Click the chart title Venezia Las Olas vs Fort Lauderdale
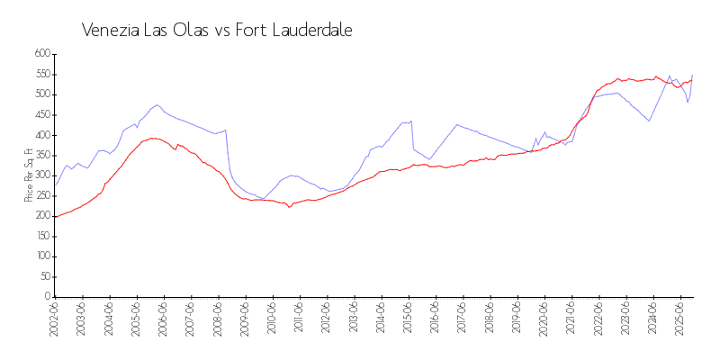click(x=216, y=30)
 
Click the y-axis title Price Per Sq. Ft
click(x=30, y=175)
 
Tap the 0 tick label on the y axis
click(x=45, y=297)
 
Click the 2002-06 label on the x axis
click(x=55, y=319)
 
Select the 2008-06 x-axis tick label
click(x=218, y=319)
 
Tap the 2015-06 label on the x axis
click(x=408, y=319)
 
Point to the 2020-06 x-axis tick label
click(x=544, y=319)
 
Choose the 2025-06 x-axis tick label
click(x=679, y=319)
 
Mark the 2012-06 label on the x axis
click(x=327, y=319)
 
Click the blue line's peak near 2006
click(x=157, y=104)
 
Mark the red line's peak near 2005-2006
click(x=153, y=138)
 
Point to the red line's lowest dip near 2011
click(x=290, y=207)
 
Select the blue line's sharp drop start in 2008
click(x=226, y=130)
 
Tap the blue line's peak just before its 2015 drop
click(x=411, y=121)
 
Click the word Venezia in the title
click(x=109, y=30)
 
